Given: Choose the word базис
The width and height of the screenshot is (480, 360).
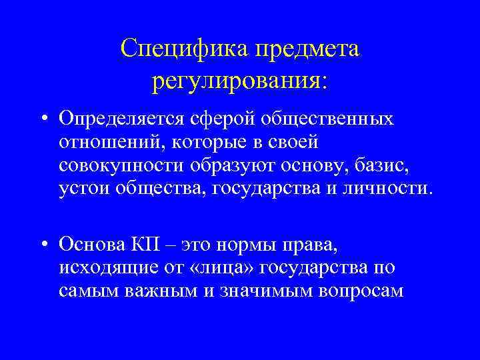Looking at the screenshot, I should point(369,166).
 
